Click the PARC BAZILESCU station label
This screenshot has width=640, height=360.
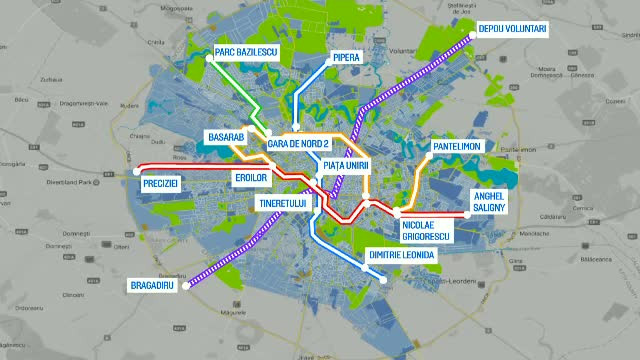point(246,51)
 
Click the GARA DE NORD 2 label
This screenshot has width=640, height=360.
point(299,144)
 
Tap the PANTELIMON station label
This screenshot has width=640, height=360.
point(457,147)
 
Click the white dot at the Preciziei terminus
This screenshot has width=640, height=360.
point(136,172)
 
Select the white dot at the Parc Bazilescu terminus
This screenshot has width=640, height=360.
point(209,60)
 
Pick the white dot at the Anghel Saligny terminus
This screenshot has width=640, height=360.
point(467,215)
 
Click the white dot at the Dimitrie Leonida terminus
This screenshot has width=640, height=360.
point(386,279)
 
